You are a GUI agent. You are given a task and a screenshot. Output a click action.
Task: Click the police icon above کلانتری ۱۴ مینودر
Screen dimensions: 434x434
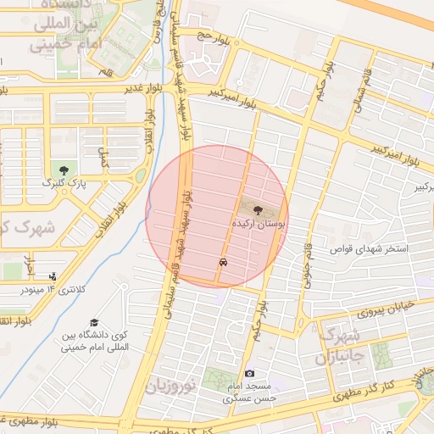[x=53, y=275]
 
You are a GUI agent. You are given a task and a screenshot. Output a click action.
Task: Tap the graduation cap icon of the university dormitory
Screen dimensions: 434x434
[x=94, y=322]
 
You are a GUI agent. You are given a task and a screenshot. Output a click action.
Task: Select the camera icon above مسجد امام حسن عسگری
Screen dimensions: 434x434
[x=249, y=374]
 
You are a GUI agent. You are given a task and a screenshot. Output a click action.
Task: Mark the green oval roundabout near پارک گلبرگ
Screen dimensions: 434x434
[x=140, y=176]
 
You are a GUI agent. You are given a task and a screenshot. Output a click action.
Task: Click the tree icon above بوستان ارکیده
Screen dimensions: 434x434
[x=258, y=208]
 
